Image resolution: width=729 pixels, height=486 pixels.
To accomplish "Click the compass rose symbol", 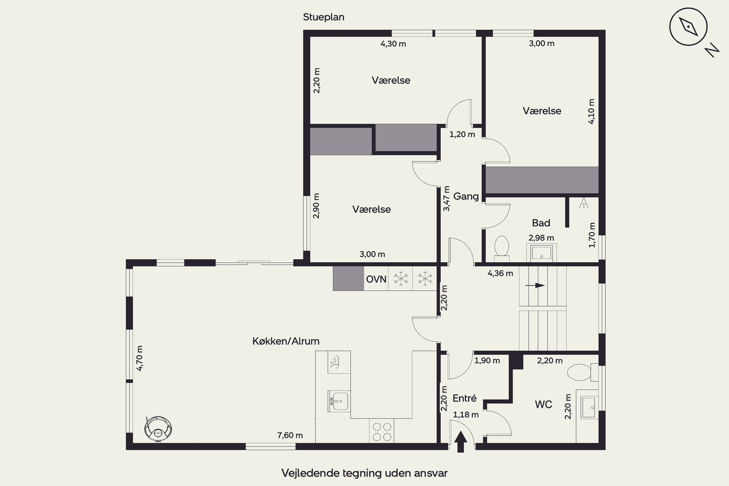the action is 688,27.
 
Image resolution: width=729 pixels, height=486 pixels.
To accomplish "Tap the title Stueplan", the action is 324,17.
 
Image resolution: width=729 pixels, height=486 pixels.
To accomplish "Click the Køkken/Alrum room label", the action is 286,341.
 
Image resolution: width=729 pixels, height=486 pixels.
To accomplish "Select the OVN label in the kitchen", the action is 376,279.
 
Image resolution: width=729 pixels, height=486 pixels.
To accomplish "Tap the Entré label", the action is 464,398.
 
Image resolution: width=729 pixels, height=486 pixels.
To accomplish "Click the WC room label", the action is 543,405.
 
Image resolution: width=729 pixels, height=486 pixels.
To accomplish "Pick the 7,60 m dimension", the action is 290,435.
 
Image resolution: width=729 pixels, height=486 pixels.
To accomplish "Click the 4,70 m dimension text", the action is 139,358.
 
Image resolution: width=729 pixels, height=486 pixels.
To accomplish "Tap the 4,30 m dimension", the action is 393,44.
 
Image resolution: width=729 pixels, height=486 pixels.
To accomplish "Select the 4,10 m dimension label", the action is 591,112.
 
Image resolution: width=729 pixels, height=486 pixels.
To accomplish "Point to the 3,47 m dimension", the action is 446,198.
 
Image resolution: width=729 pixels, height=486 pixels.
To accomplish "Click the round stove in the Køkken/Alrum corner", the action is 158,429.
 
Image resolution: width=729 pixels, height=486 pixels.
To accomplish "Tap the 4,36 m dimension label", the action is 500,273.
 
